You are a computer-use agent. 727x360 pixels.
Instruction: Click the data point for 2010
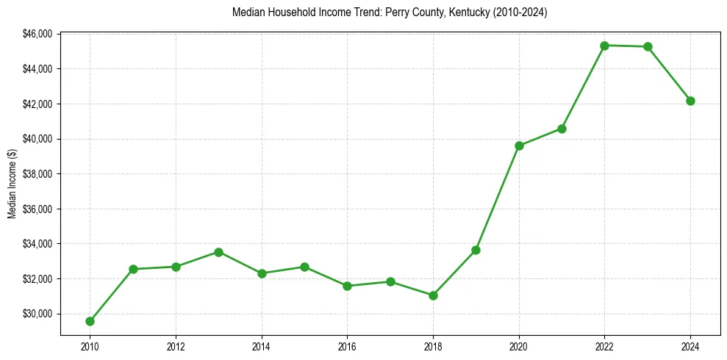tap(90, 321)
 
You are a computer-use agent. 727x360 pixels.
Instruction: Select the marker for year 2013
tap(218, 252)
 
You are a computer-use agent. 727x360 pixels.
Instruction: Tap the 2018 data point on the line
tap(433, 295)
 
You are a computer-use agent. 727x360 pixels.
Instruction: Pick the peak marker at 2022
tap(604, 46)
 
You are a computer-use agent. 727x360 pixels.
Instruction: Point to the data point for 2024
tap(690, 101)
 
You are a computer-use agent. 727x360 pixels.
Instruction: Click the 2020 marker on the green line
tap(519, 145)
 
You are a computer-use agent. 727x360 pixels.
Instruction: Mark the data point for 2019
tap(476, 250)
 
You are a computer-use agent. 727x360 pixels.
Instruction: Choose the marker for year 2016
tap(347, 286)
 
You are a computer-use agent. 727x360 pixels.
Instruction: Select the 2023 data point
tap(648, 47)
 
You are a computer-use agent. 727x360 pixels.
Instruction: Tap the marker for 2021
tap(562, 129)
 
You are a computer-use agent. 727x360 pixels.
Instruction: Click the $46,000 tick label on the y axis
tap(38, 34)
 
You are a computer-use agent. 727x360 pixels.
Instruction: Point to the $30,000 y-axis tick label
tap(38, 314)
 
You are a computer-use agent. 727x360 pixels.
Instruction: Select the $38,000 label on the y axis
tap(38, 174)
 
